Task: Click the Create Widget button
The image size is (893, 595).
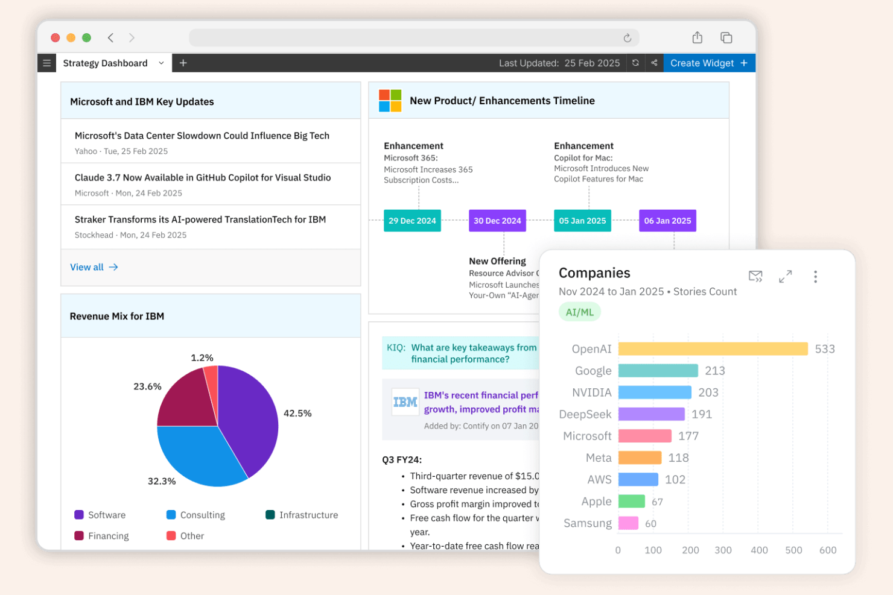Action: (708, 63)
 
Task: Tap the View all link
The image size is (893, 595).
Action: (94, 267)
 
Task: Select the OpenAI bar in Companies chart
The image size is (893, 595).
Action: (713, 349)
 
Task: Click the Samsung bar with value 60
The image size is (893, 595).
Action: (628, 523)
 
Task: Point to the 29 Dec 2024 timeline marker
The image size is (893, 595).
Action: (412, 221)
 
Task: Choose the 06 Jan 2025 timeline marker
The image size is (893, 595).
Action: (667, 221)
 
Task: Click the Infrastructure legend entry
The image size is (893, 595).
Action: (302, 515)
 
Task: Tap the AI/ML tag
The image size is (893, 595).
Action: (579, 312)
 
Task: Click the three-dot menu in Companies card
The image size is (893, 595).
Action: (815, 277)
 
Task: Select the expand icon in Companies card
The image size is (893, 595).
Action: (785, 277)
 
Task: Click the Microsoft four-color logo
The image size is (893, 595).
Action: (390, 101)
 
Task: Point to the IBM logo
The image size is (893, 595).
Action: (405, 402)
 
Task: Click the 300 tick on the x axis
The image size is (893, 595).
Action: (723, 550)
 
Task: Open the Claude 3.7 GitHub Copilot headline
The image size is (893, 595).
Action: (203, 178)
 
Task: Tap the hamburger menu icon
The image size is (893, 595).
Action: (46, 63)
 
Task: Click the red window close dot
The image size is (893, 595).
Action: (56, 38)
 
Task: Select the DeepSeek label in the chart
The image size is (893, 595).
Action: (585, 414)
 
